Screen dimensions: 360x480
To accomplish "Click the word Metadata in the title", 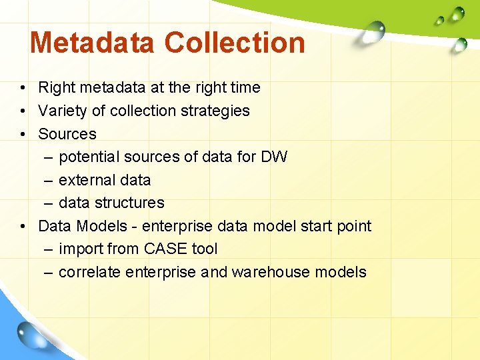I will click(x=93, y=43).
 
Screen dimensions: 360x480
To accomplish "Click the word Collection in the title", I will click(x=235, y=43).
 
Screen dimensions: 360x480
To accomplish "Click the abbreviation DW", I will click(x=275, y=157).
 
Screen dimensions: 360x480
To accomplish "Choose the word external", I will click(x=85, y=180).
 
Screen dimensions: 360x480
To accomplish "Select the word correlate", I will click(x=89, y=272).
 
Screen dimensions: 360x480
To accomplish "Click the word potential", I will click(x=89, y=157).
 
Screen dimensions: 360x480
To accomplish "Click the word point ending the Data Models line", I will click(x=354, y=226).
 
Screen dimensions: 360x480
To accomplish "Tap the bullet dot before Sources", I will click(x=23, y=134).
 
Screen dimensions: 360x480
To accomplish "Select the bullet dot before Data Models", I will click(x=23, y=226).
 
